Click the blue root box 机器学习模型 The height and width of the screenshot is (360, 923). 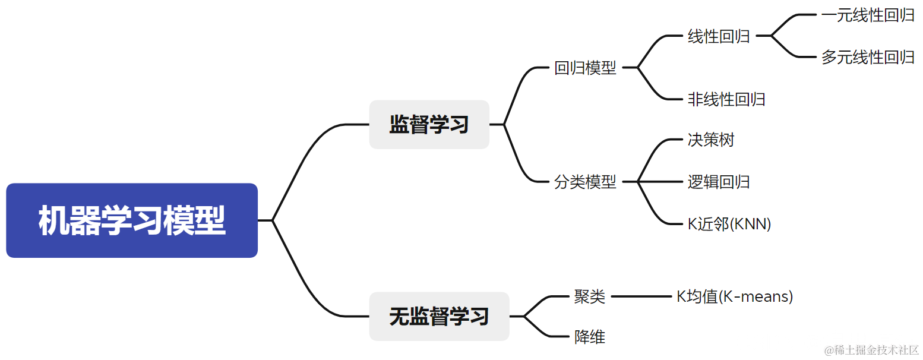[132, 220]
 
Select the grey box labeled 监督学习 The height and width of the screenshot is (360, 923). [429, 125]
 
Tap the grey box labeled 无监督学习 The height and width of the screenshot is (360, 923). [439, 317]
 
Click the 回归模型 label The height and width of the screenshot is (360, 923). [585, 68]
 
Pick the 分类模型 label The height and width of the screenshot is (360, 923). [585, 182]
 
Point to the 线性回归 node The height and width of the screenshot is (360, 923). [719, 36]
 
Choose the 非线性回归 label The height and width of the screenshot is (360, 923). [726, 99]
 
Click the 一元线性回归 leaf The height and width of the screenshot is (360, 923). [868, 15]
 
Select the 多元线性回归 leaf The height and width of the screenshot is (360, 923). [868, 57]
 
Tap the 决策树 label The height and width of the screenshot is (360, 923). [711, 140]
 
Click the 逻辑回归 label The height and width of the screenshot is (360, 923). [719, 182]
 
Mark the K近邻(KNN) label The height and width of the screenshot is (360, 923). [729, 224]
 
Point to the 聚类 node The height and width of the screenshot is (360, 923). [589, 296]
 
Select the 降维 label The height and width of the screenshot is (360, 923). [589, 337]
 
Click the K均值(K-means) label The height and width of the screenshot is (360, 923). [735, 296]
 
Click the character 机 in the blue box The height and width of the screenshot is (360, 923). [53, 221]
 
